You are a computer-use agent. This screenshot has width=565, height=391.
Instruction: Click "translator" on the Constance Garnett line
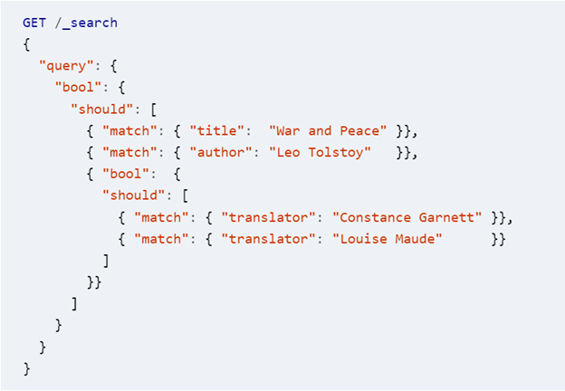267,217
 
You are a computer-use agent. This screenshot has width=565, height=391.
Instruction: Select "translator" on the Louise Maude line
267,239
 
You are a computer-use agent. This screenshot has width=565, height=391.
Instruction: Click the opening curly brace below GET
26,43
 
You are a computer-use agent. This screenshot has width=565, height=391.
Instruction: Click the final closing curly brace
26,368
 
